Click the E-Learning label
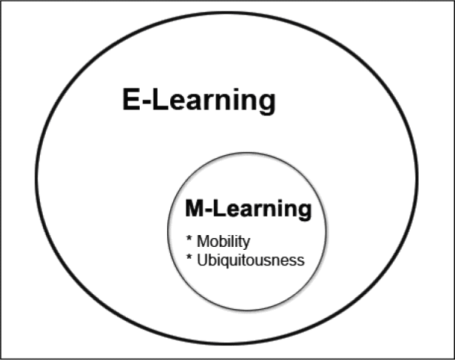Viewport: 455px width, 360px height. pyautogui.click(x=199, y=101)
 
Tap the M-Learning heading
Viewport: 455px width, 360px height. pyautogui.click(x=249, y=209)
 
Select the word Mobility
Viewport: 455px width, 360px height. pyautogui.click(x=223, y=242)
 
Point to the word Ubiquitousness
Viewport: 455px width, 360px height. pyautogui.click(x=251, y=260)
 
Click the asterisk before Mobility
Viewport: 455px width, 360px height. pyautogui.click(x=189, y=238)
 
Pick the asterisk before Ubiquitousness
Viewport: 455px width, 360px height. pyautogui.click(x=189, y=257)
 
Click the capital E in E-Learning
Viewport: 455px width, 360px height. pyautogui.click(x=132, y=99)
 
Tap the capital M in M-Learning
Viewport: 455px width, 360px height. pyautogui.click(x=194, y=208)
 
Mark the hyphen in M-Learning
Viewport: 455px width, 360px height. pyautogui.click(x=209, y=210)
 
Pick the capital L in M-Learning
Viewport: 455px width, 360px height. pyautogui.click(x=220, y=208)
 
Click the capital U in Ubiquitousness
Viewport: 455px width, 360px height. pyautogui.click(x=203, y=260)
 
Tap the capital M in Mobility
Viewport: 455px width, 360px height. pyautogui.click(x=203, y=241)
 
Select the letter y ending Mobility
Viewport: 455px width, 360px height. pyautogui.click(x=246, y=244)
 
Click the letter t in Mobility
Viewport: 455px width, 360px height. pyautogui.click(x=240, y=242)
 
